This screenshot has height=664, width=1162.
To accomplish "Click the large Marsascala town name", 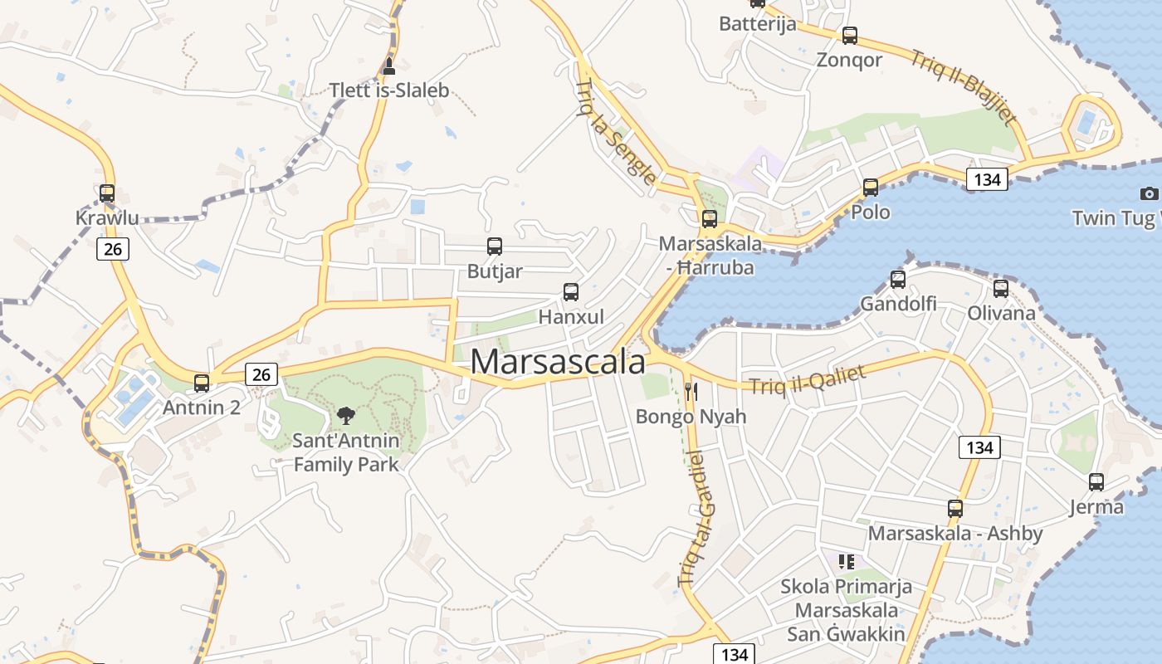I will coord(558,363).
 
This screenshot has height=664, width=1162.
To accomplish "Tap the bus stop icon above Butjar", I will coord(495,247).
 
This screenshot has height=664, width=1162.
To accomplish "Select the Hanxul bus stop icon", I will coord(571,292).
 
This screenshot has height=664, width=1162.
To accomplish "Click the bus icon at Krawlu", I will coord(107,193).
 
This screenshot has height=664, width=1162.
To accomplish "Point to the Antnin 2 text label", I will coord(202,408).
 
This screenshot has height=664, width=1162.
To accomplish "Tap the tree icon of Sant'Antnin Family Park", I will coord(346,416).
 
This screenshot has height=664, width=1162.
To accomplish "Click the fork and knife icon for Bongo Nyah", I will coord(691,391).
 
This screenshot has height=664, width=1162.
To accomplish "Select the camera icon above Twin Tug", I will coord(1149,193).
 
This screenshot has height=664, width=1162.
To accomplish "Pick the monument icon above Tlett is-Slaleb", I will coord(389,66).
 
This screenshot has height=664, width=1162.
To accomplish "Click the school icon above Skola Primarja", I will coord(847,562).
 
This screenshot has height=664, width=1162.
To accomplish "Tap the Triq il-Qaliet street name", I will coord(808,380).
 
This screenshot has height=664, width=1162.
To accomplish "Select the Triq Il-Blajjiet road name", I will coord(963,88).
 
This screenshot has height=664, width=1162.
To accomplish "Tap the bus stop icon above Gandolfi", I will coord(898,280).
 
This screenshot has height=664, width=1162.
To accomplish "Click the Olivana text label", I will coord(1001,314).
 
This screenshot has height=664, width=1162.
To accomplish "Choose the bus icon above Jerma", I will coord(1096,482).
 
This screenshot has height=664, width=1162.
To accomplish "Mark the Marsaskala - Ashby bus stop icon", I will coord(955,509).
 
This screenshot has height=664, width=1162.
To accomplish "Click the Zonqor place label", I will coord(849,60).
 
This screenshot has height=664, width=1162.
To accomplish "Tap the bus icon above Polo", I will coord(871,188).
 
